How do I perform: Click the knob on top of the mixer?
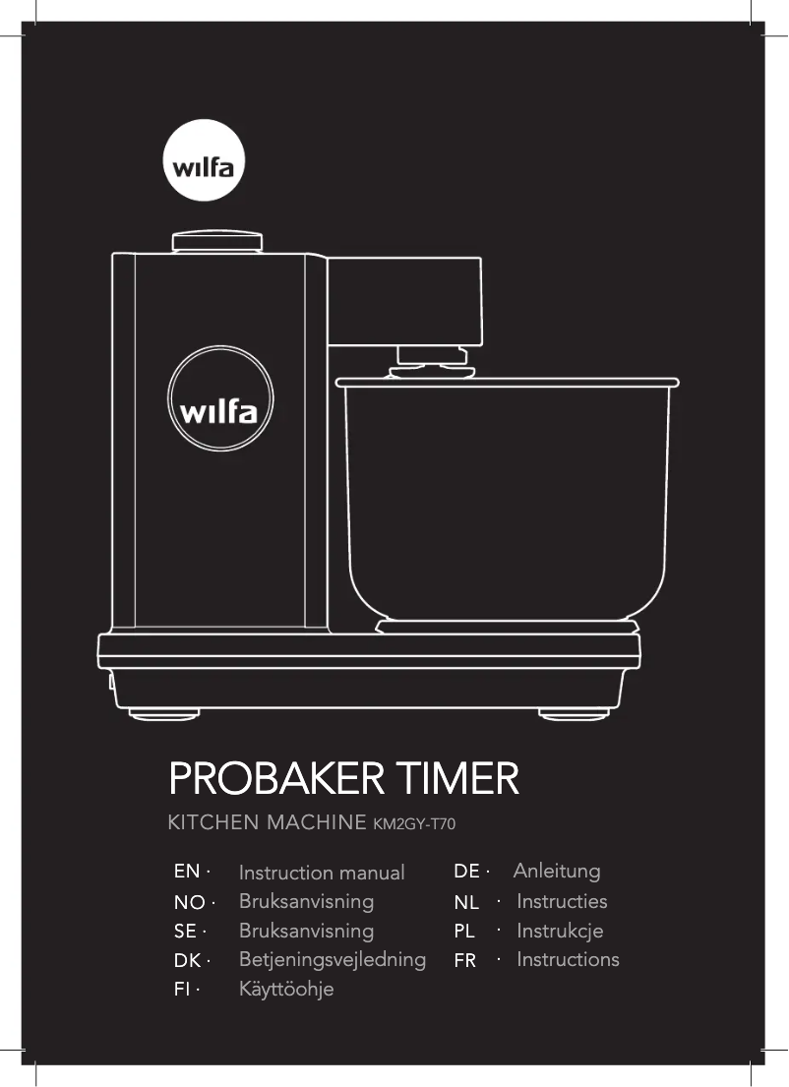(x=217, y=242)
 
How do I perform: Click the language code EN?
(x=187, y=872)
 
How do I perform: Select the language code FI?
(x=182, y=990)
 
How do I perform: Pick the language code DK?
(x=187, y=960)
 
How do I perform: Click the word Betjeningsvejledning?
(x=333, y=959)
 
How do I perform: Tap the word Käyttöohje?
(x=286, y=990)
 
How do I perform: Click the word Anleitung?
(x=557, y=871)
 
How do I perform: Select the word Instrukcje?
(x=560, y=931)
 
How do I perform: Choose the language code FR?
(x=465, y=960)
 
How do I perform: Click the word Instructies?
(x=562, y=901)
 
